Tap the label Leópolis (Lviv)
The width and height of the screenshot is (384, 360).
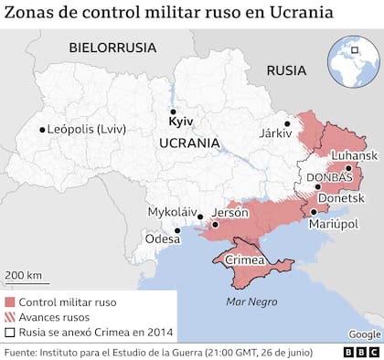coord(89,130)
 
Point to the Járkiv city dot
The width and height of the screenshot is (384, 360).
coord(286,124)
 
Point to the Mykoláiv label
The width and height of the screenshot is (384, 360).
coord(172,212)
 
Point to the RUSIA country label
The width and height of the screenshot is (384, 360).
coord(287,70)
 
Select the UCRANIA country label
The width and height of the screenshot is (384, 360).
coord(188,143)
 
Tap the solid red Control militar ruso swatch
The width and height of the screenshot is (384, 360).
coord(10,300)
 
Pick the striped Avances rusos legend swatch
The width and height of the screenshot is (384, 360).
coord(10,316)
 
